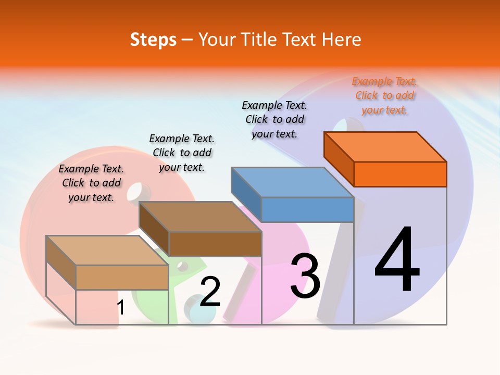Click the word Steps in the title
click(153, 40)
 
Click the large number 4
click(397, 260)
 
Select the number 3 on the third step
click(305, 277)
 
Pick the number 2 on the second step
click(210, 292)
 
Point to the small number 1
click(121, 307)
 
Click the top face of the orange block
click(385, 147)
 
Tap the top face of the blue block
click(293, 182)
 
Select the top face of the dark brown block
click(200, 217)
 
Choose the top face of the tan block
click(107, 251)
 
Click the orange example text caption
click(385, 96)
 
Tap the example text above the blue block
click(275, 119)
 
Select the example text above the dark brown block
click(182, 153)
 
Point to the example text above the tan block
click(91, 183)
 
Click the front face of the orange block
click(400, 174)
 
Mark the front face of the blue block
click(307, 209)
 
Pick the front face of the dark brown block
click(215, 244)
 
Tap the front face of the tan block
click(122, 277)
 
